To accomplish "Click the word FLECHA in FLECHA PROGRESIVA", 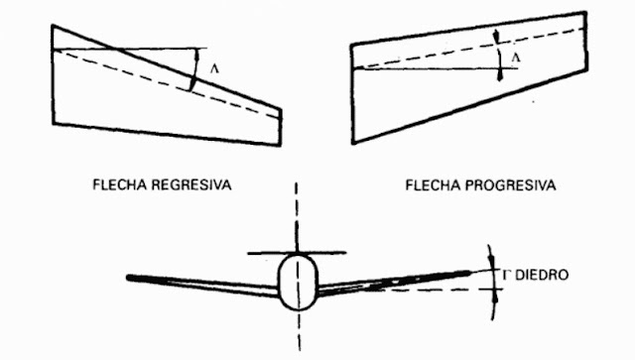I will (433, 184).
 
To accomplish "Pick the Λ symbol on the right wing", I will (514, 59).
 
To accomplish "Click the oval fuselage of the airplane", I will (297, 281).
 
